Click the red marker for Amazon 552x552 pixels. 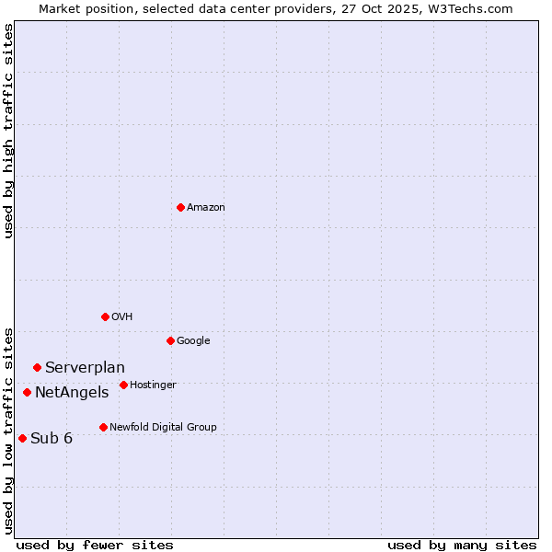[180, 207]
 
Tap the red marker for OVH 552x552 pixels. [105, 316]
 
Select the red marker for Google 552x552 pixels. [170, 340]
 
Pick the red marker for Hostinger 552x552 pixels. [123, 385]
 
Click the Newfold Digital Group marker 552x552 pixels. [103, 427]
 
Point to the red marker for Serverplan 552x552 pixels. [37, 367]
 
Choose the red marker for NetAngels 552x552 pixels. [27, 392]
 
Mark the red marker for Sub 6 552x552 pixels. [22, 438]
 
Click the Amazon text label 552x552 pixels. [206, 208]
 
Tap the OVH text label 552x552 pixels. [122, 317]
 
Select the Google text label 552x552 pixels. [193, 341]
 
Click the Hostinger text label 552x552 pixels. [153, 385]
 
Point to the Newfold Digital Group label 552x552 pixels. [163, 428]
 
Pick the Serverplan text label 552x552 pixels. [85, 368]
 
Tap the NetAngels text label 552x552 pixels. [72, 393]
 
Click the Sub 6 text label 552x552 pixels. [52, 438]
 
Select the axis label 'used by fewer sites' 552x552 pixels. [95, 545]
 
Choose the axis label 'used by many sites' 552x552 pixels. [462, 545]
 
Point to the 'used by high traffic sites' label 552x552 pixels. [8, 131]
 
